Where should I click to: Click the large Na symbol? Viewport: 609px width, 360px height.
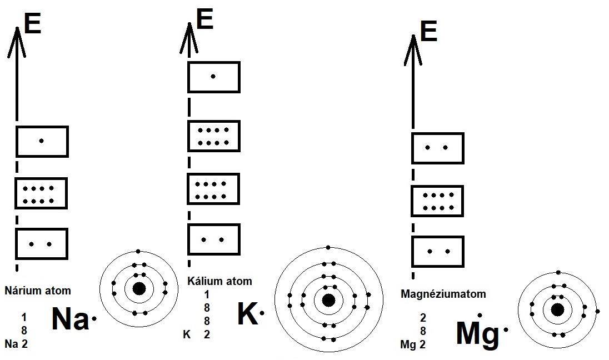click(70, 319)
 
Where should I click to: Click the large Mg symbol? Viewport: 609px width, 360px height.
click(477, 333)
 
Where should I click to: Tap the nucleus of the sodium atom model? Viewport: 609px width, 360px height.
click(139, 288)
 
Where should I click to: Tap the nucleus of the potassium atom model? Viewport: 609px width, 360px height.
click(328, 300)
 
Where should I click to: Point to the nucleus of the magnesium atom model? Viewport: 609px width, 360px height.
click(557, 309)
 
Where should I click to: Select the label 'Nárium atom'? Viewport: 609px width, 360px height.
click(38, 291)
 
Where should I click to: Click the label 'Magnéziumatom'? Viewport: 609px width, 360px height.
click(443, 294)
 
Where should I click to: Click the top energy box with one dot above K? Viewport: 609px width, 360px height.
click(214, 77)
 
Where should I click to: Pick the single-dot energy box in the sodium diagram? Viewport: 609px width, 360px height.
click(42, 141)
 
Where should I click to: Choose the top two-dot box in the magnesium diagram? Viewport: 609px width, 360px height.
click(437, 148)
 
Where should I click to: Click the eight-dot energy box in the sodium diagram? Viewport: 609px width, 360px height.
click(42, 193)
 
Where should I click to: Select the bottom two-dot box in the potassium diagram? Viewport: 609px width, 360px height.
click(214, 239)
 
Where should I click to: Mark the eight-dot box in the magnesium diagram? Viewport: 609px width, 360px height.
click(437, 201)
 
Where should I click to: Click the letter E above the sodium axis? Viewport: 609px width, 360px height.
click(32, 24)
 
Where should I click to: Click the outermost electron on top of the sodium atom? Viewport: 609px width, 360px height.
click(138, 252)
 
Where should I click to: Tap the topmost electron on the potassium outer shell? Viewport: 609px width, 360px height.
click(328, 247)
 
